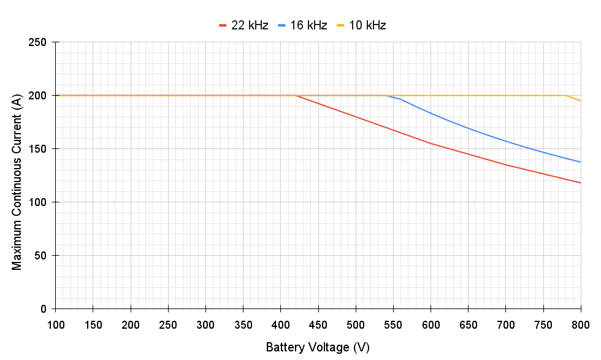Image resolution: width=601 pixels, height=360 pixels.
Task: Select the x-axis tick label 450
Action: [318, 324]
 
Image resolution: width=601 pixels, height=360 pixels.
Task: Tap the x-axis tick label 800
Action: [580, 324]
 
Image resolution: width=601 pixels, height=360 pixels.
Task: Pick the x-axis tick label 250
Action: [168, 324]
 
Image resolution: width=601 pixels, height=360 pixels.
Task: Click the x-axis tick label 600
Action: [431, 324]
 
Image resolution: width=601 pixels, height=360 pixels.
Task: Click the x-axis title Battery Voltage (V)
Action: [318, 348]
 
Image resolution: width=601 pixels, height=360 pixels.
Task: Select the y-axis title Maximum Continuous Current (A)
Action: [17, 175]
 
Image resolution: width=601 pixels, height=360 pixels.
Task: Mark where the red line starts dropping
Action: [296, 96]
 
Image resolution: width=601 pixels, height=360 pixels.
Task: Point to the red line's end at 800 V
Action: [580, 183]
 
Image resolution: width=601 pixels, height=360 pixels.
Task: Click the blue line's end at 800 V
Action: [580, 162]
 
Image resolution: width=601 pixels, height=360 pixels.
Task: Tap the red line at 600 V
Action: [431, 144]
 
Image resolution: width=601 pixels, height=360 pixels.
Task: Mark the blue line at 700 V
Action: [505, 141]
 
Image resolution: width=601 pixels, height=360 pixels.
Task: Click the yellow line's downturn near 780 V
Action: [565, 96]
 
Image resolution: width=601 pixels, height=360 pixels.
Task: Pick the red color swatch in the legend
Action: [223, 25]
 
